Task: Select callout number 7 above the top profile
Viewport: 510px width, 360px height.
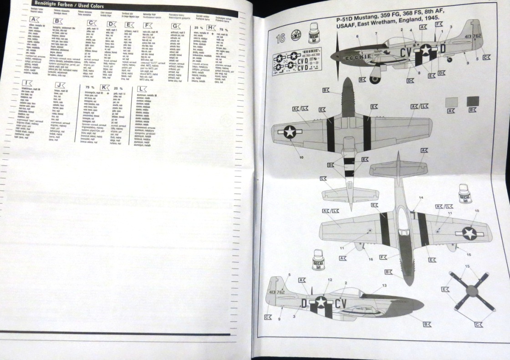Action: coord(376,34)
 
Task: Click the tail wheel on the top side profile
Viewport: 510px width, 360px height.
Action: coord(449,59)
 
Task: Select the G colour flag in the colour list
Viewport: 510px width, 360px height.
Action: coord(175,26)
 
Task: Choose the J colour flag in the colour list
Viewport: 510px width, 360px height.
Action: coord(60,85)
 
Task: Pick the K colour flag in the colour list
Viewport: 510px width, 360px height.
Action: coord(105,86)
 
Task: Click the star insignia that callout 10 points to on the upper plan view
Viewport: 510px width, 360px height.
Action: coord(290,132)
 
